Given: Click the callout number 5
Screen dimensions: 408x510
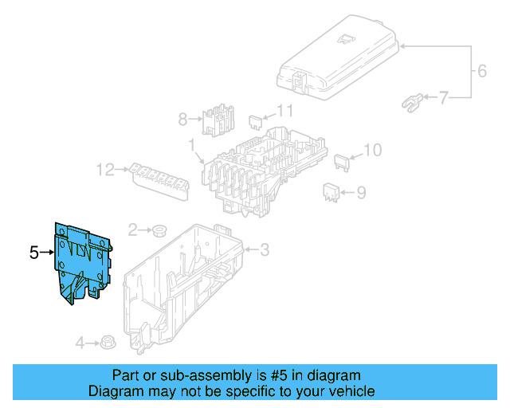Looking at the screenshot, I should [33, 253].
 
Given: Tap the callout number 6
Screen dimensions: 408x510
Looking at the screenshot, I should [481, 72].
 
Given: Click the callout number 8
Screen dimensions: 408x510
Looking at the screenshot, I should [182, 120].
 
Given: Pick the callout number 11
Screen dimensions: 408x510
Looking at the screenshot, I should [284, 111].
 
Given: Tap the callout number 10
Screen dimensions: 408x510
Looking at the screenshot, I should [373, 149].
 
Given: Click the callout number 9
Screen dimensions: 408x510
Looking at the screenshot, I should [360, 192].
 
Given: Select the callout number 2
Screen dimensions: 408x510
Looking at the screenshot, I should [133, 229].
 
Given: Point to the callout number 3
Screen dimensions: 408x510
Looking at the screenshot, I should [265, 250].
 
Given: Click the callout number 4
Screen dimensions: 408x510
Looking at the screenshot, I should [80, 343].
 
